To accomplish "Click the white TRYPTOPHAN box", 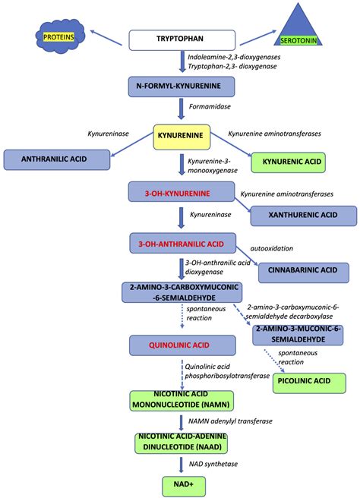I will (180, 39).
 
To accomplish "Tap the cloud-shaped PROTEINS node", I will (57, 36).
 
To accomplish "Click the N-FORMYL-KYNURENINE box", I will (180, 89).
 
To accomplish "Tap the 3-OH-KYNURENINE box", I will (179, 194).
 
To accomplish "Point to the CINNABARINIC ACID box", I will (303, 270).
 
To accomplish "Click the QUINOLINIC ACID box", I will (179, 345).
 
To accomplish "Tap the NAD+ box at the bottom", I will (179, 483).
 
